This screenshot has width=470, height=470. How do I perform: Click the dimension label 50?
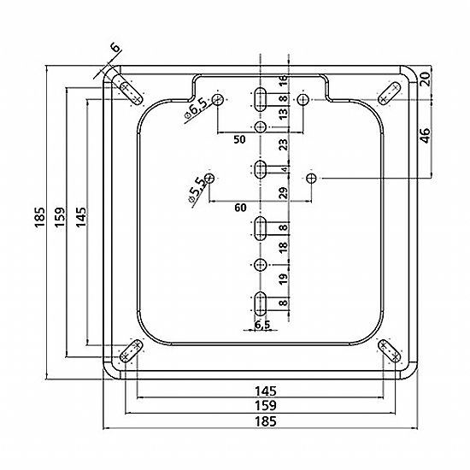[239, 139]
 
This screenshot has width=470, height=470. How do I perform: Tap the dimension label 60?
[240, 208]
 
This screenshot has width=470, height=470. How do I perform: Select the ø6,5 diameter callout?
[196, 109]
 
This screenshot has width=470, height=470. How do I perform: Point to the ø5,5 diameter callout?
[197, 191]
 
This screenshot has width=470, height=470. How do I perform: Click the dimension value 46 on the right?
[426, 136]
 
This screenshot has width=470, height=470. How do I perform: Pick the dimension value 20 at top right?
[426, 79]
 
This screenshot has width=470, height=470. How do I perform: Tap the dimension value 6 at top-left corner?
[115, 47]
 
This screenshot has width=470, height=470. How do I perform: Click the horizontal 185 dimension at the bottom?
[265, 421]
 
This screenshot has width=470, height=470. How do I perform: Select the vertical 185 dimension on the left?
[40, 217]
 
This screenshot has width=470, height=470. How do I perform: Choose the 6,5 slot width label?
[262, 325]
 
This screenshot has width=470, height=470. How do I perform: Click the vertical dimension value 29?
[283, 193]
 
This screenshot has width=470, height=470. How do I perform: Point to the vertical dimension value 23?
[283, 144]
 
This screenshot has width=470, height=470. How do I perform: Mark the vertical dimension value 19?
[283, 279]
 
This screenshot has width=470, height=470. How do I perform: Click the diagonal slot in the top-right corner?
[390, 93]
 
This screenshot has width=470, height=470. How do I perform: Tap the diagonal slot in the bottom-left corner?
[131, 350]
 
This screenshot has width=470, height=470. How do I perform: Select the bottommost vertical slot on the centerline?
[260, 303]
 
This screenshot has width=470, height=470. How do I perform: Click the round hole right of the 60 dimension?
[311, 179]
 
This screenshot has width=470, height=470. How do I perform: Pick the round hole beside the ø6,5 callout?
[218, 99]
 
